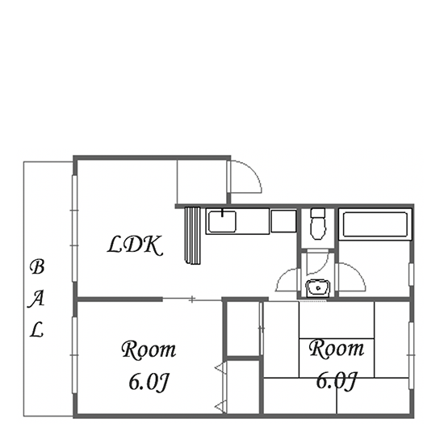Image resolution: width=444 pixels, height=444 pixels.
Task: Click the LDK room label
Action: (136, 245)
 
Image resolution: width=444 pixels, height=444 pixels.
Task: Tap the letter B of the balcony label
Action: (37, 267)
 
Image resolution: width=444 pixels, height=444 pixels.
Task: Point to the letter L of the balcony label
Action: (36, 329)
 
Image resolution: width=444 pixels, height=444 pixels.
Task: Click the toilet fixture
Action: (318, 224)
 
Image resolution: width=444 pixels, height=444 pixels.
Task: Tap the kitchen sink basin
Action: (222, 222)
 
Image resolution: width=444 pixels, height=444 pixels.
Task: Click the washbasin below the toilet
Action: (318, 288)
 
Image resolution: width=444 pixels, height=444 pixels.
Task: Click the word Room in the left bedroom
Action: (149, 350)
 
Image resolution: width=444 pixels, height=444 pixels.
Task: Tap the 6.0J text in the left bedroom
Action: (149, 383)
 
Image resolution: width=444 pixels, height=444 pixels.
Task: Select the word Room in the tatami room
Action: (337, 348)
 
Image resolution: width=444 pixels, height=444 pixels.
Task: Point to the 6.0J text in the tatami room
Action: (336, 380)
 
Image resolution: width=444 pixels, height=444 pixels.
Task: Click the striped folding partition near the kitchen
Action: (193, 236)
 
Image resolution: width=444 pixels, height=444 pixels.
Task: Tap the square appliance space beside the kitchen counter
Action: (283, 221)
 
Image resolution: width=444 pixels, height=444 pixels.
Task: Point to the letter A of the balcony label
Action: (36, 299)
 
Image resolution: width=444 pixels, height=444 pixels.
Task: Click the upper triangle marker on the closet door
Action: (220, 368)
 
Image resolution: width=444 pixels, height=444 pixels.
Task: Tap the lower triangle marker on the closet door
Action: (220, 407)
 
